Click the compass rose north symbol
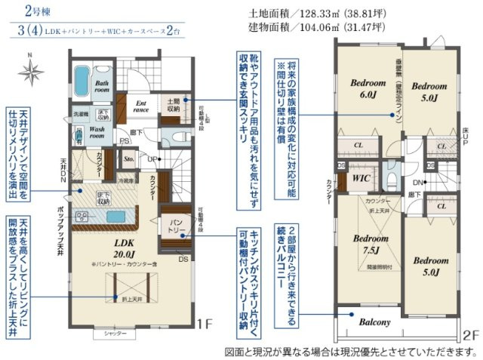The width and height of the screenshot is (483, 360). [x=30, y=73]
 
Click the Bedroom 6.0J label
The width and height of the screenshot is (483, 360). [x=364, y=90]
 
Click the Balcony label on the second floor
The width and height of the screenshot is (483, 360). [x=375, y=322]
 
